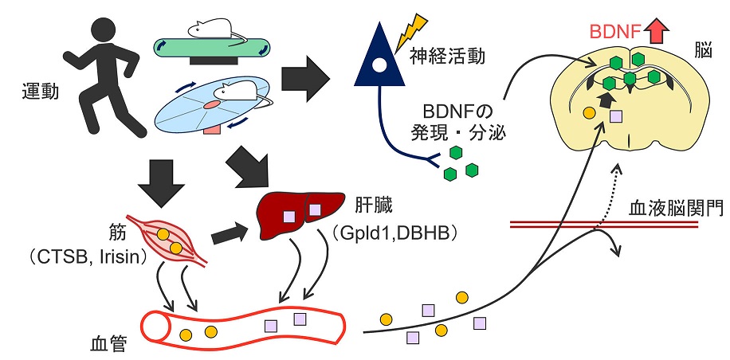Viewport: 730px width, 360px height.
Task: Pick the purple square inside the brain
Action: click(x=615, y=117)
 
